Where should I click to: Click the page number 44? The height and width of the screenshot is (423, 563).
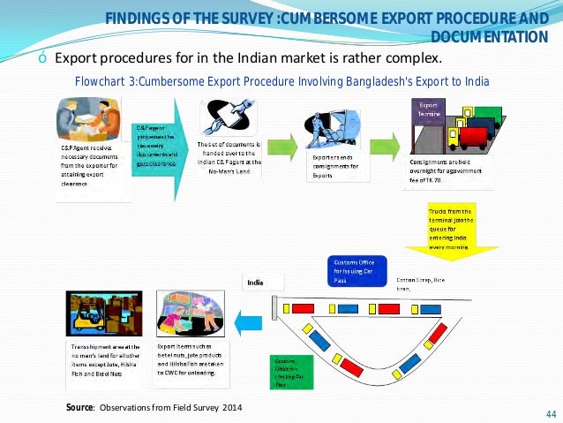click(x=552, y=413)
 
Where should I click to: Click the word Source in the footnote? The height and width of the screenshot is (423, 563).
click(x=80, y=407)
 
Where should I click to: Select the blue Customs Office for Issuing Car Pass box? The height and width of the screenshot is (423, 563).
click(x=356, y=269)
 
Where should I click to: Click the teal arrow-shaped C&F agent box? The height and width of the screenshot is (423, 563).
click(x=159, y=145)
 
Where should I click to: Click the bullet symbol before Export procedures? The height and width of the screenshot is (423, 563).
click(x=42, y=59)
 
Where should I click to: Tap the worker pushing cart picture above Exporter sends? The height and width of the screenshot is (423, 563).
click(x=331, y=130)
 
